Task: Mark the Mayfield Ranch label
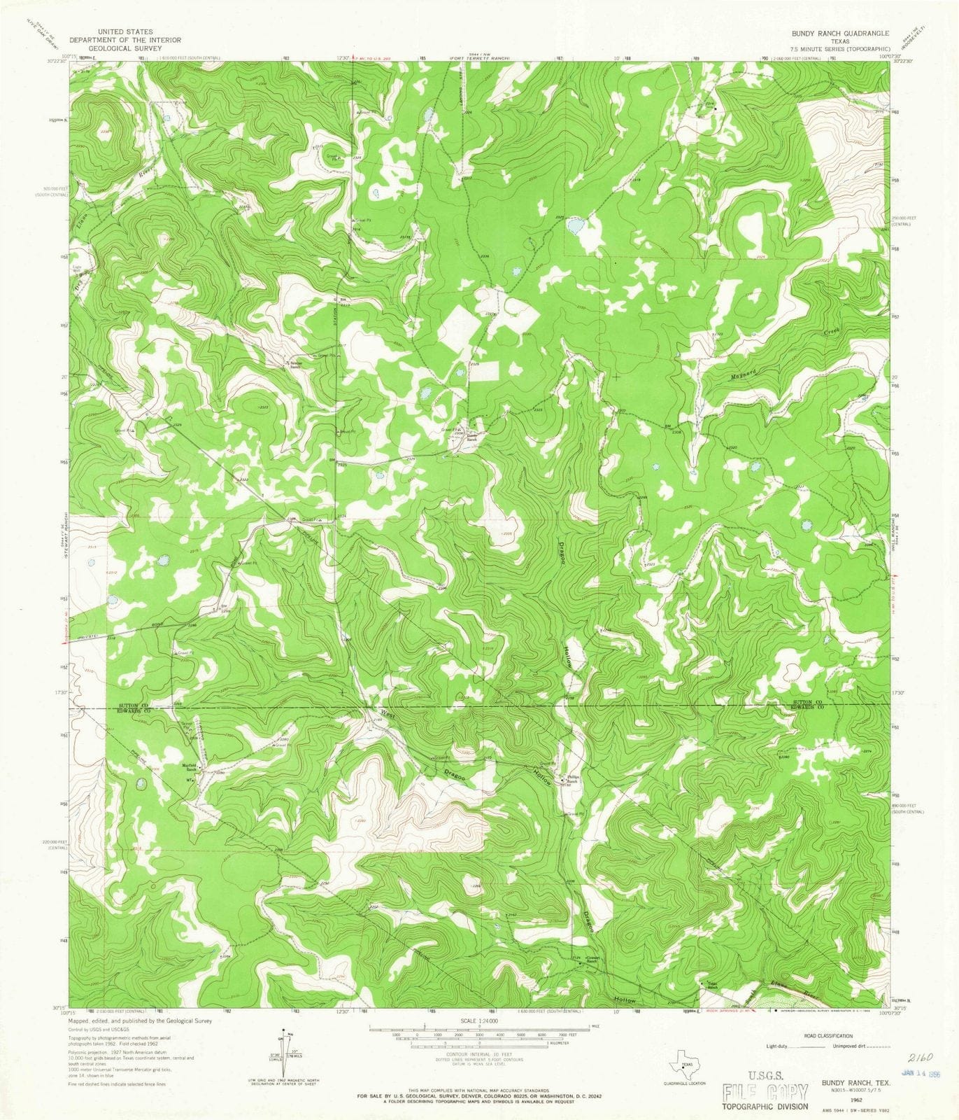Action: (191, 766)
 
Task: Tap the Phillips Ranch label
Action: (574, 777)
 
